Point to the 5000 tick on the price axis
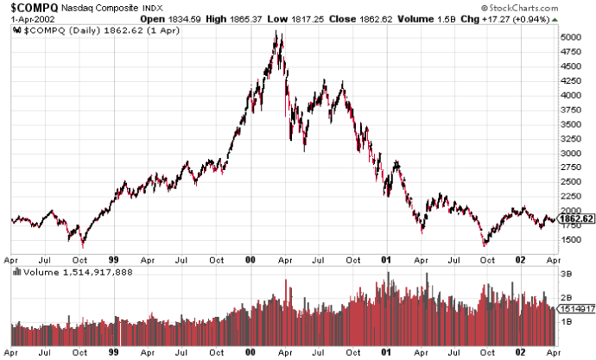point(571,37)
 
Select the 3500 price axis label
point(571,124)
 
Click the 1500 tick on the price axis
point(571,240)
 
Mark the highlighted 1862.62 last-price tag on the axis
point(576,219)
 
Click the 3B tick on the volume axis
point(567,273)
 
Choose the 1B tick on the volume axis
point(567,320)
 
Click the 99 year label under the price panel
point(114,257)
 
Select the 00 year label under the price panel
point(250,257)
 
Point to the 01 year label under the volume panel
point(387,352)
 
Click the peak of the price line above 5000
point(276,32)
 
